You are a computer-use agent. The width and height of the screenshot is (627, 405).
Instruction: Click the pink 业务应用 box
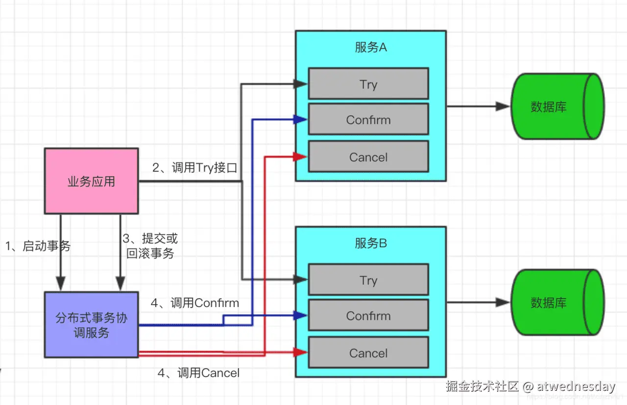click(91, 181)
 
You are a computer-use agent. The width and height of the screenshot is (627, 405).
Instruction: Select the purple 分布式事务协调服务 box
click(91, 325)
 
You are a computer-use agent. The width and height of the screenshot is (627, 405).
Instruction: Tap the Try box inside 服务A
click(368, 84)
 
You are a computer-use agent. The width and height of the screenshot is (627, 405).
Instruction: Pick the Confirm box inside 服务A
click(368, 119)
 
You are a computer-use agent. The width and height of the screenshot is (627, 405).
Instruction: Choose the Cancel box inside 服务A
click(368, 157)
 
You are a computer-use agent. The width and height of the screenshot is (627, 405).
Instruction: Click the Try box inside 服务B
click(368, 280)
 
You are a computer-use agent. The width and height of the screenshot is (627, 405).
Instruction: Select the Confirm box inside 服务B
click(368, 315)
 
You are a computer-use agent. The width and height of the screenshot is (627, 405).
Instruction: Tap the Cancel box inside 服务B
click(368, 353)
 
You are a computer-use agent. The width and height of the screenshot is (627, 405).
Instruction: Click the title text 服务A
click(370, 47)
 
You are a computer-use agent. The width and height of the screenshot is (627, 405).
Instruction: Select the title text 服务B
click(370, 243)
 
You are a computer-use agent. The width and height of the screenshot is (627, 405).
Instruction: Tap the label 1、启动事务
click(38, 246)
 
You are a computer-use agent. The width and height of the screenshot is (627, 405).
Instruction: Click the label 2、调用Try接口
click(194, 168)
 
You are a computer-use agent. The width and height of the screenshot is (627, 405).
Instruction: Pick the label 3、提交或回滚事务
click(150, 246)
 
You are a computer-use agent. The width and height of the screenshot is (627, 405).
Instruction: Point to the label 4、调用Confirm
click(194, 303)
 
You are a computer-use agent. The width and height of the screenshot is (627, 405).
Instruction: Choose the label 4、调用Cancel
click(198, 373)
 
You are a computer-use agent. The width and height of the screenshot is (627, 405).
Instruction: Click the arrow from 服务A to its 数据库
click(478, 106)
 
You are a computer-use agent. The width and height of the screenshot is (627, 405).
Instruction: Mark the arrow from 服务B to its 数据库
click(478, 303)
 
